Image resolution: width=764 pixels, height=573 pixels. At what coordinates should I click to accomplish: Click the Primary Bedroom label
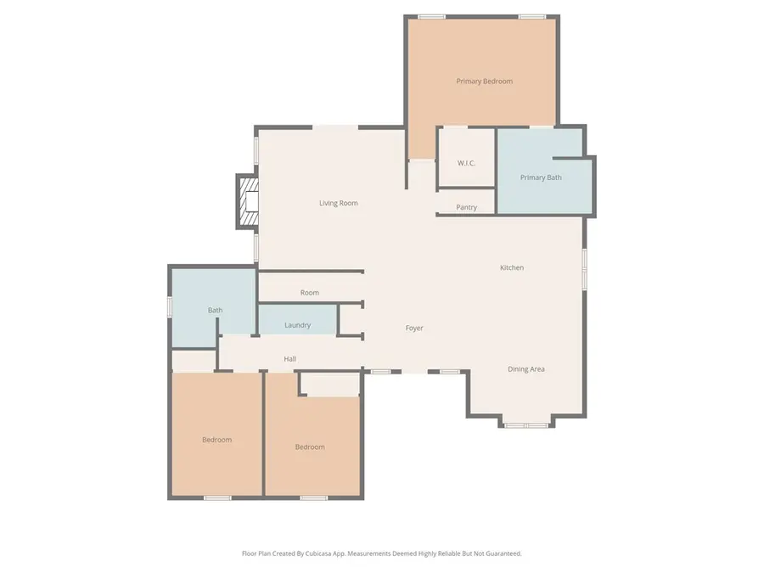coord(484,81)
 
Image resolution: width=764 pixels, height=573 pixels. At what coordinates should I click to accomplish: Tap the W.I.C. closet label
coord(466,163)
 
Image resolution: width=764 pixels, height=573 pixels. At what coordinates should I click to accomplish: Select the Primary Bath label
coord(541,177)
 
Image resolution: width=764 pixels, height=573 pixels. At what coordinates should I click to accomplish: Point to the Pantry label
coord(466,207)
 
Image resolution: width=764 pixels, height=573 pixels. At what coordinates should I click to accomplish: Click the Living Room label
coord(338,203)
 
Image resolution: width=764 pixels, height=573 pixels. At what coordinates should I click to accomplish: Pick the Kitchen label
coord(511,267)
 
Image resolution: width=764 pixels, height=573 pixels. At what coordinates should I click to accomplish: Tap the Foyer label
coord(413,328)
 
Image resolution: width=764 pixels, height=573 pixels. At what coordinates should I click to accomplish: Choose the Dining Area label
coord(525,369)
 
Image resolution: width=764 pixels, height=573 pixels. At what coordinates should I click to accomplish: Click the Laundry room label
coord(297,325)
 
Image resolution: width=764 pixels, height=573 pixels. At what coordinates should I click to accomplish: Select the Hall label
coord(289,359)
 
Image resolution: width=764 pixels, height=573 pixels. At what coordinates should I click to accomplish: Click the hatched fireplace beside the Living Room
coord(246,202)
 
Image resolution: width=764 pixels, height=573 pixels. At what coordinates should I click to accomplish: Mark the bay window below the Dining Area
coord(525,424)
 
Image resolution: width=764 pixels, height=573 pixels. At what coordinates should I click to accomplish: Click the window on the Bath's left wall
coord(170,306)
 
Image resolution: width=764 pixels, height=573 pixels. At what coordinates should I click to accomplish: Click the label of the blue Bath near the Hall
coord(215,310)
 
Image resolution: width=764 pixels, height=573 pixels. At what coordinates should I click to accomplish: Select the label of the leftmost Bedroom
coord(216,440)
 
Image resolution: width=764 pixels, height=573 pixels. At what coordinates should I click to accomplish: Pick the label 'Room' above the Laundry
coord(309,293)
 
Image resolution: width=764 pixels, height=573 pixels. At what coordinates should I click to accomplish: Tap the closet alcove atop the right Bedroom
coord(331,385)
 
